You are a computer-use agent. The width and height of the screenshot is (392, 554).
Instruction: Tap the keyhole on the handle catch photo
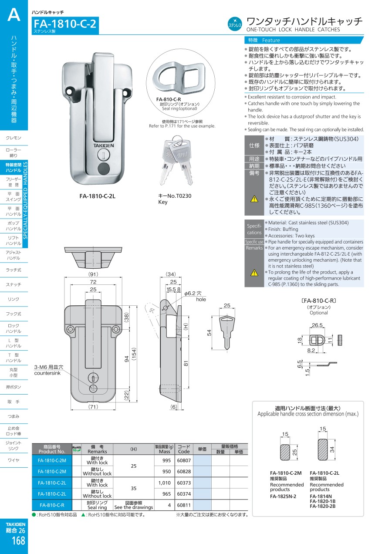103,154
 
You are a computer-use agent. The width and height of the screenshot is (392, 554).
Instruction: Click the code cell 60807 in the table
184,460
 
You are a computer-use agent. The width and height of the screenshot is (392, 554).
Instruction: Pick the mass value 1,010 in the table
165,483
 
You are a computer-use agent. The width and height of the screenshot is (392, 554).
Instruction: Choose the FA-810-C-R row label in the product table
52,505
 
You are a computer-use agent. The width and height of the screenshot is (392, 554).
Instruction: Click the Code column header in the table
184,449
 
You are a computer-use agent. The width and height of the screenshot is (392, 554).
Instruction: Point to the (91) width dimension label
93,274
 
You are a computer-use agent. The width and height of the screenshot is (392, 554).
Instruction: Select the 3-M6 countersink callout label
49,370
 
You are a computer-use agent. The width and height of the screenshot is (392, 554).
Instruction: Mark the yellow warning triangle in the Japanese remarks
254,199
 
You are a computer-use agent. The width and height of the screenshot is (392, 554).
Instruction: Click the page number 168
18,540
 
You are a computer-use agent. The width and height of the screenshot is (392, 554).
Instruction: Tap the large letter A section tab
14,16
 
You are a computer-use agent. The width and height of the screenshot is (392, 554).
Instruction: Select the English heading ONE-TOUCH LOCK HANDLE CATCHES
293,30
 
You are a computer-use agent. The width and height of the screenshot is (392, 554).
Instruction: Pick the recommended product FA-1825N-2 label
283,496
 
